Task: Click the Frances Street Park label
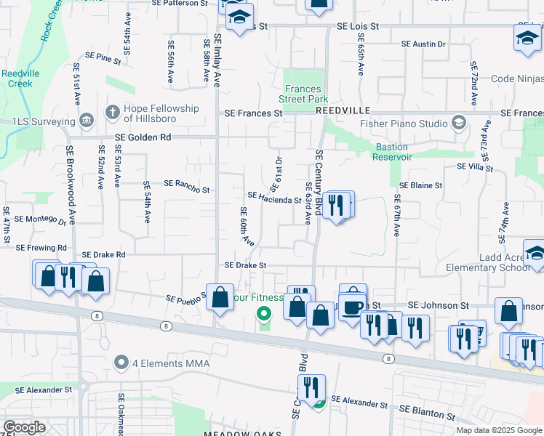(x=304, y=94)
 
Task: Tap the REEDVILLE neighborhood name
(x=343, y=110)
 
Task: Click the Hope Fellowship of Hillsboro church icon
(x=112, y=113)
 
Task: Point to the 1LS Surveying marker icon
(x=87, y=119)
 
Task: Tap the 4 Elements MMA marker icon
(x=121, y=363)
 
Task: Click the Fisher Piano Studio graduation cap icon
(x=459, y=121)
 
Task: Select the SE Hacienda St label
(x=274, y=197)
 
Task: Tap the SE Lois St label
(x=358, y=26)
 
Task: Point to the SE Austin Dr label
(x=424, y=44)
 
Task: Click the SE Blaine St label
(x=420, y=185)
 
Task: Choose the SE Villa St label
(x=475, y=167)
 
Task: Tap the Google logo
(x=25, y=427)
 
